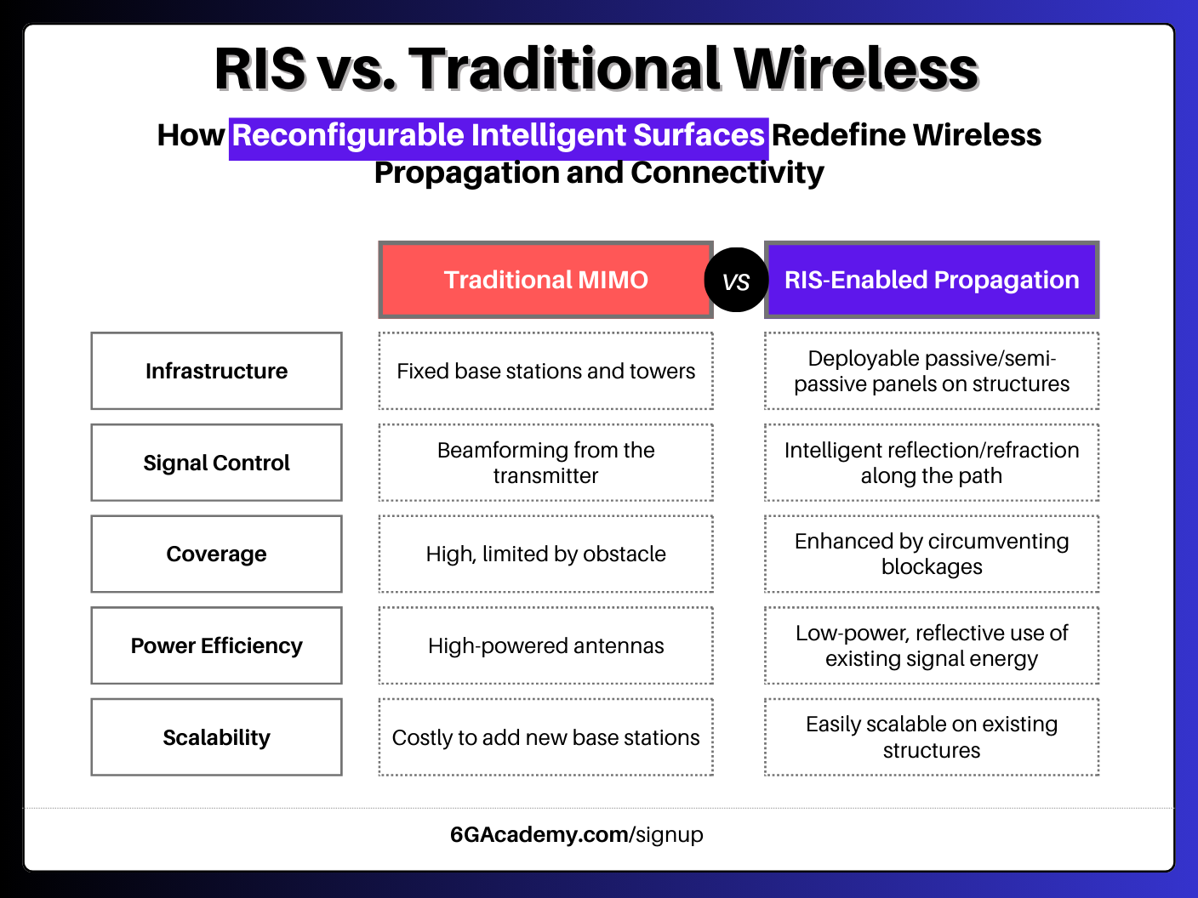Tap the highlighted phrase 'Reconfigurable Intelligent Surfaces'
click(499, 136)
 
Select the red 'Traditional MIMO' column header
click(545, 280)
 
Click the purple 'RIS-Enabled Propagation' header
click(932, 280)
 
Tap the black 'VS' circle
click(736, 281)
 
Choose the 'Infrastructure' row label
click(216, 371)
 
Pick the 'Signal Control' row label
click(216, 463)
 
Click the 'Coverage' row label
click(216, 554)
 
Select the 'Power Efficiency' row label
click(216, 645)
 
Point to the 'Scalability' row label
click(216, 737)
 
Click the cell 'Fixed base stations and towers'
click(545, 371)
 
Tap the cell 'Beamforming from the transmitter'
click(545, 463)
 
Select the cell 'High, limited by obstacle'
click(545, 554)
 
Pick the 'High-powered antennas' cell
click(545, 645)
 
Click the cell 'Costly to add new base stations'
click(545, 737)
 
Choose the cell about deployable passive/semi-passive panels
click(932, 371)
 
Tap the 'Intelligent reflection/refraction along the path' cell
click(932, 463)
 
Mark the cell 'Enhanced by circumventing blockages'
click(932, 554)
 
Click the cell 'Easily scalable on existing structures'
click(932, 737)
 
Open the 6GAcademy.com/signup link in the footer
click(577, 834)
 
